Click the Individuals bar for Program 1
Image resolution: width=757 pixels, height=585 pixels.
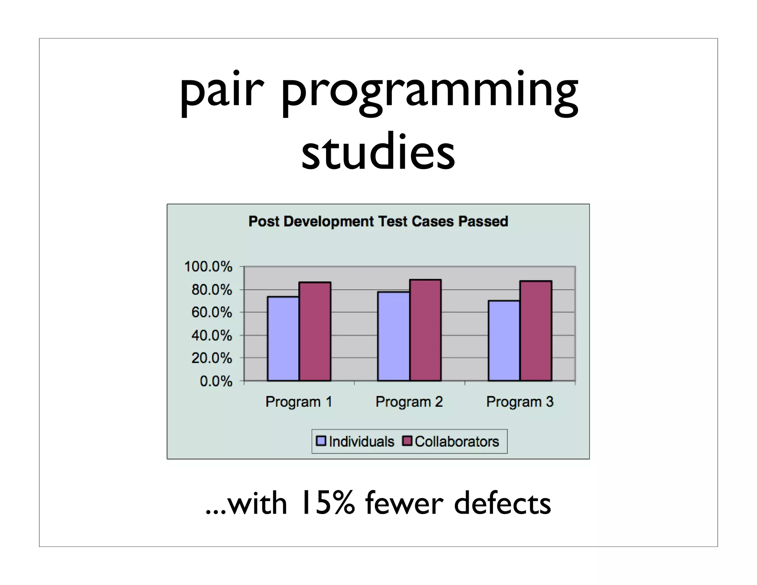283,338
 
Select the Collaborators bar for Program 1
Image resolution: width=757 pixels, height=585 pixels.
315,331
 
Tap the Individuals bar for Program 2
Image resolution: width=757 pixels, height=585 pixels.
393,336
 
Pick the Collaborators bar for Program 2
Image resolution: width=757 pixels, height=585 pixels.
425,330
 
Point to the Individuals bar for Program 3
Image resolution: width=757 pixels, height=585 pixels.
504,341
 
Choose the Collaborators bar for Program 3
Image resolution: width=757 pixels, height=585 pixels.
536,331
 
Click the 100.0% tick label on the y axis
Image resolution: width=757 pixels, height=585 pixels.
208,267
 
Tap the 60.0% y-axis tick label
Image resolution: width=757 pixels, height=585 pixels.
211,313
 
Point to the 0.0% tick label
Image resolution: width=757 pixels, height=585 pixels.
216,381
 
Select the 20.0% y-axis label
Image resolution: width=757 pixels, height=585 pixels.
211,358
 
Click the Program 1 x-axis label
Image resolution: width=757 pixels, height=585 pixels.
299,402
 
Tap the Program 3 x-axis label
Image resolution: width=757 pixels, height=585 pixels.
520,402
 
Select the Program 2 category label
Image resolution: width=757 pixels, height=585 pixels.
409,402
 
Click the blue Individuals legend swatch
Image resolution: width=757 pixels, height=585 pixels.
321,441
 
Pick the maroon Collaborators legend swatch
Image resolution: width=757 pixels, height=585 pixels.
407,441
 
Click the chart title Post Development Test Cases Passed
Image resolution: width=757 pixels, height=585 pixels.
378,222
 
